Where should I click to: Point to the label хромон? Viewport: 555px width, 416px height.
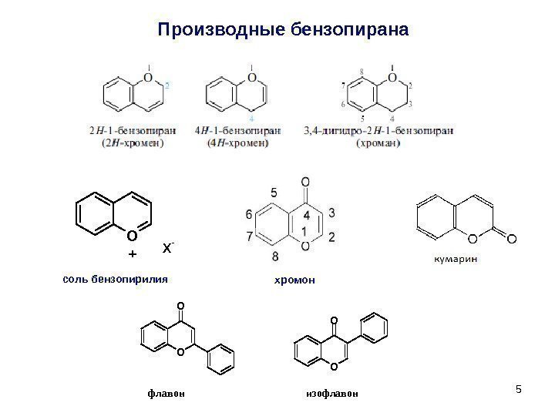click(x=295, y=280)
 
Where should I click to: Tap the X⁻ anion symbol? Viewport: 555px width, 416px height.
click(x=167, y=248)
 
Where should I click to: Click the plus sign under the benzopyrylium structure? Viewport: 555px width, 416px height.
click(x=131, y=253)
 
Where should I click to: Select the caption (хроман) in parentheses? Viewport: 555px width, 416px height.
click(x=393, y=142)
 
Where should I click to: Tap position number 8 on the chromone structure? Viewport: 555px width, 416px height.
click(x=274, y=255)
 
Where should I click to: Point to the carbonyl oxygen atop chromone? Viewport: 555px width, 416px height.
click(x=305, y=183)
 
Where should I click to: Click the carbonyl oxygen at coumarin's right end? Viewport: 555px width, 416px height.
click(x=510, y=239)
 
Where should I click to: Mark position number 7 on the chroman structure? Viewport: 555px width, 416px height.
click(x=342, y=82)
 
